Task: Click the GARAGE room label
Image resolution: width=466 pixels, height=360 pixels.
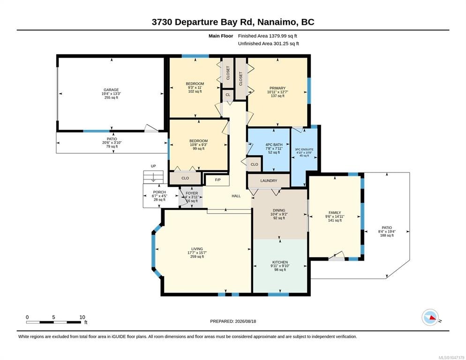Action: pos(111,90)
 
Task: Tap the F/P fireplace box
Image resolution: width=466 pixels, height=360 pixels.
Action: pos(218,180)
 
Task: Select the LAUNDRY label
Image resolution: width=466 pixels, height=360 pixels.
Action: pos(269,181)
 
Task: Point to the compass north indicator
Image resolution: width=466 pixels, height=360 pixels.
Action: pos(430,317)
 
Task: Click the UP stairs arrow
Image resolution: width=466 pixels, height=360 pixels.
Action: pos(153,178)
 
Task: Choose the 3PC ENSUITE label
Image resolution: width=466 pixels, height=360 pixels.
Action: pos(304,150)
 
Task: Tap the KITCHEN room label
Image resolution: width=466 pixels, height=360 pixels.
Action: pos(280,262)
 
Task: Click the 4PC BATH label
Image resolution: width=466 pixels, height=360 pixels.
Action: pos(274,145)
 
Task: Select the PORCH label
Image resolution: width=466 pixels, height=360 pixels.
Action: pos(159,192)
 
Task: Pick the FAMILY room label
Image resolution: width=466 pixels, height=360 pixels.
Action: pos(335,212)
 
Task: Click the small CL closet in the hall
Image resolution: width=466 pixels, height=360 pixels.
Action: pos(228,95)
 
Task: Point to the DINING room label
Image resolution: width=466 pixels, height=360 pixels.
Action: pos(279,210)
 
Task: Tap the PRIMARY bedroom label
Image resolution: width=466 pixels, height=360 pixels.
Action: pos(277,88)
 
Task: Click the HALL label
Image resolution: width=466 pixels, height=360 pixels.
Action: pos(236,196)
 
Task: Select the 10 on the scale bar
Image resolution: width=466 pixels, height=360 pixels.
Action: pos(83,317)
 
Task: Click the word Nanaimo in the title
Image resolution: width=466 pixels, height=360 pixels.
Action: pos(277,22)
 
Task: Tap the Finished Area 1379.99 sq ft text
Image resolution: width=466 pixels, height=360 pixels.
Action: pos(268,36)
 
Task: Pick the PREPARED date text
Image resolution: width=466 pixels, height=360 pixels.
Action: pos(233,322)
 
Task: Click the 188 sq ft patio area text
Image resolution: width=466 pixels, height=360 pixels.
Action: pos(387,235)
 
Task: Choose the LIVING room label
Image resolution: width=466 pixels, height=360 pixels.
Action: pos(197,249)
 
